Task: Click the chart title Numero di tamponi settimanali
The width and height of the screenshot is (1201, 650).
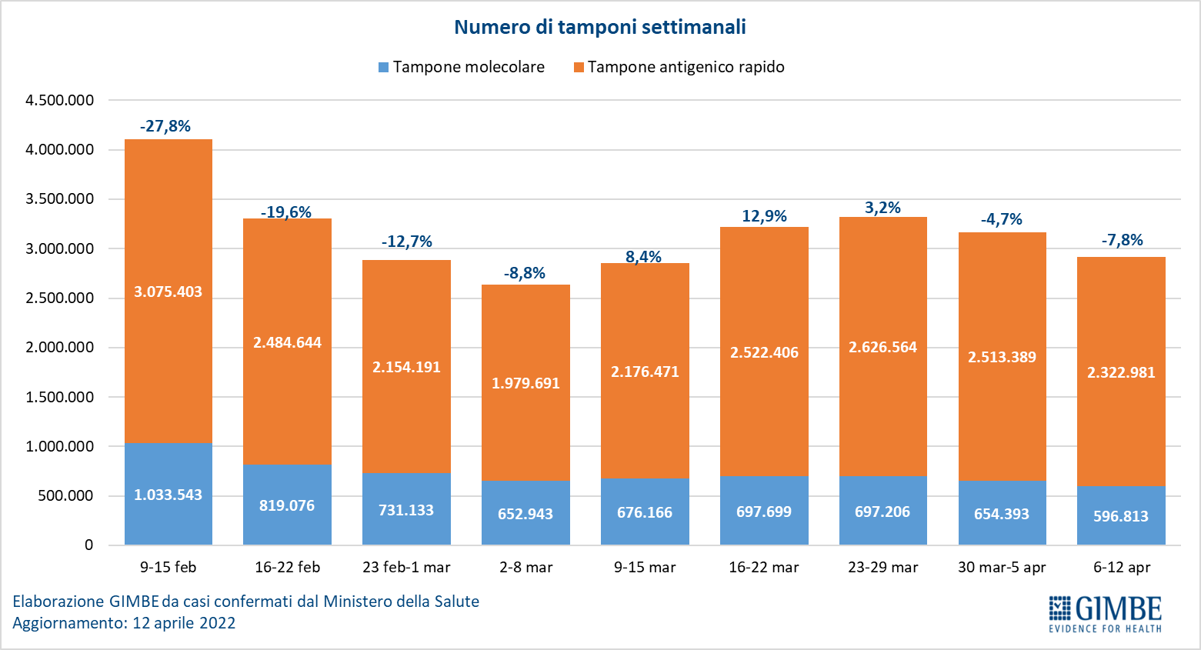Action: click(x=599, y=27)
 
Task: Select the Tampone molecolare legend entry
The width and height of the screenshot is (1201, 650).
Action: click(x=462, y=67)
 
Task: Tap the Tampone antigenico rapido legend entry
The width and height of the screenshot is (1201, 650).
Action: click(x=679, y=67)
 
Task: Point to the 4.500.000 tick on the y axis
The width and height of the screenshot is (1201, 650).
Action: click(x=59, y=100)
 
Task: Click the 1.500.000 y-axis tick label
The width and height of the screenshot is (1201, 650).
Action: click(x=59, y=397)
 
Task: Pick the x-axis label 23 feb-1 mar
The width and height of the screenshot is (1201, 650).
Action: click(x=406, y=568)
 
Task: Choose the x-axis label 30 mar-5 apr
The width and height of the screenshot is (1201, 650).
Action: click(x=1002, y=568)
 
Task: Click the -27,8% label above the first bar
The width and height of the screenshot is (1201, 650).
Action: click(x=165, y=126)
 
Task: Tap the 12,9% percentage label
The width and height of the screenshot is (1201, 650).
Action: click(x=764, y=216)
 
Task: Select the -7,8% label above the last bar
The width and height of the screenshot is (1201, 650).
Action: click(x=1122, y=240)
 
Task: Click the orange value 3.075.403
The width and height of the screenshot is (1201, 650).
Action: click(x=168, y=292)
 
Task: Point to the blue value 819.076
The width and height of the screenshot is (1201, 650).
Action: click(x=287, y=505)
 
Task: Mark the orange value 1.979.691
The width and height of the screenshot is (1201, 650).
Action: click(x=525, y=383)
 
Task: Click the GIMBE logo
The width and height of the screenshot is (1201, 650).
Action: click(x=1105, y=613)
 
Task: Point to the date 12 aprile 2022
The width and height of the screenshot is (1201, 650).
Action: click(x=184, y=623)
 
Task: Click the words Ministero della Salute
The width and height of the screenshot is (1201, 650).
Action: click(x=401, y=602)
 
